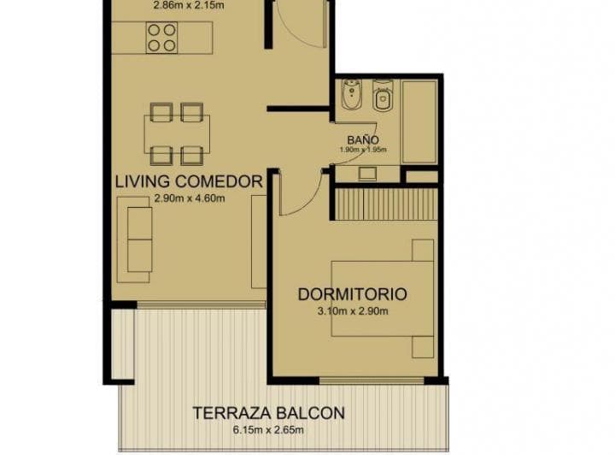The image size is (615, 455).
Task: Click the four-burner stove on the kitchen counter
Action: pyautogui.click(x=162, y=37)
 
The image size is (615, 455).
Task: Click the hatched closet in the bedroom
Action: pyautogui.click(x=385, y=204)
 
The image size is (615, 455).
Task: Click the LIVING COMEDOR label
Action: pyautogui.click(x=188, y=181)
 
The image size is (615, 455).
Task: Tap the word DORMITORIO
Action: pyautogui.click(x=352, y=294)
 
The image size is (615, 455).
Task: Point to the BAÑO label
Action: pyautogui.click(x=362, y=139)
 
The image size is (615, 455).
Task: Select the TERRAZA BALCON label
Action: pyautogui.click(x=269, y=413)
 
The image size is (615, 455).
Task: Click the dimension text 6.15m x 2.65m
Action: pyautogui.click(x=269, y=429)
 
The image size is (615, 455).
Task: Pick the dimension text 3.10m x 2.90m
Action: pyautogui.click(x=352, y=311)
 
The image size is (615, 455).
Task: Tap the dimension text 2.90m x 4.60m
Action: pyautogui.click(x=189, y=198)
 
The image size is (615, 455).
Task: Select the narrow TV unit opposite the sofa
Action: pyautogui.click(x=258, y=241)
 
